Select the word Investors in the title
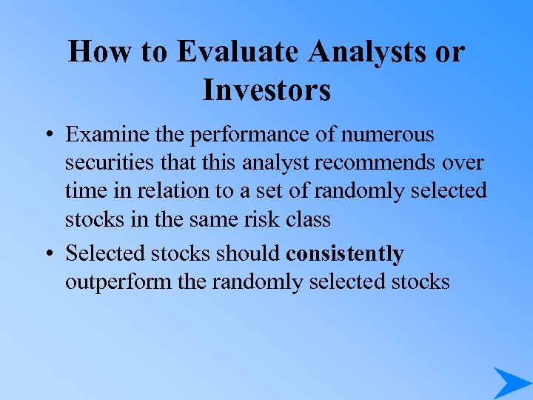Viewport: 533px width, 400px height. [x=266, y=90]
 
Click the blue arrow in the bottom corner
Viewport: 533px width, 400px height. [x=512, y=382]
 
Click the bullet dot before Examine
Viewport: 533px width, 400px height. [x=47, y=136]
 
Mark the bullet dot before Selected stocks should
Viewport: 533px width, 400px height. [x=47, y=254]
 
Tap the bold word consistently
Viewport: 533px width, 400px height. [x=345, y=254]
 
